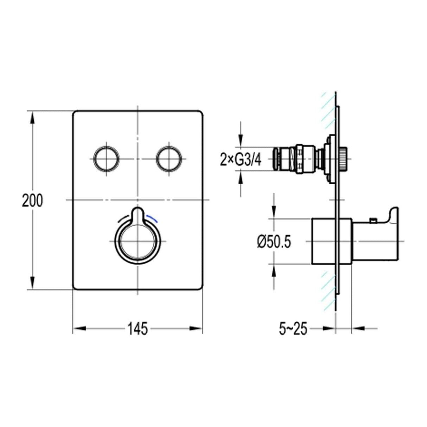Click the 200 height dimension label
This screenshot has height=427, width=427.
(32, 201)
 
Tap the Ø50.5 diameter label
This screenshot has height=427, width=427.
(274, 242)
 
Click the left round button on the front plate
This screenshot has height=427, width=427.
(106, 159)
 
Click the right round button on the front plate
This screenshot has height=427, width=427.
(169, 159)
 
